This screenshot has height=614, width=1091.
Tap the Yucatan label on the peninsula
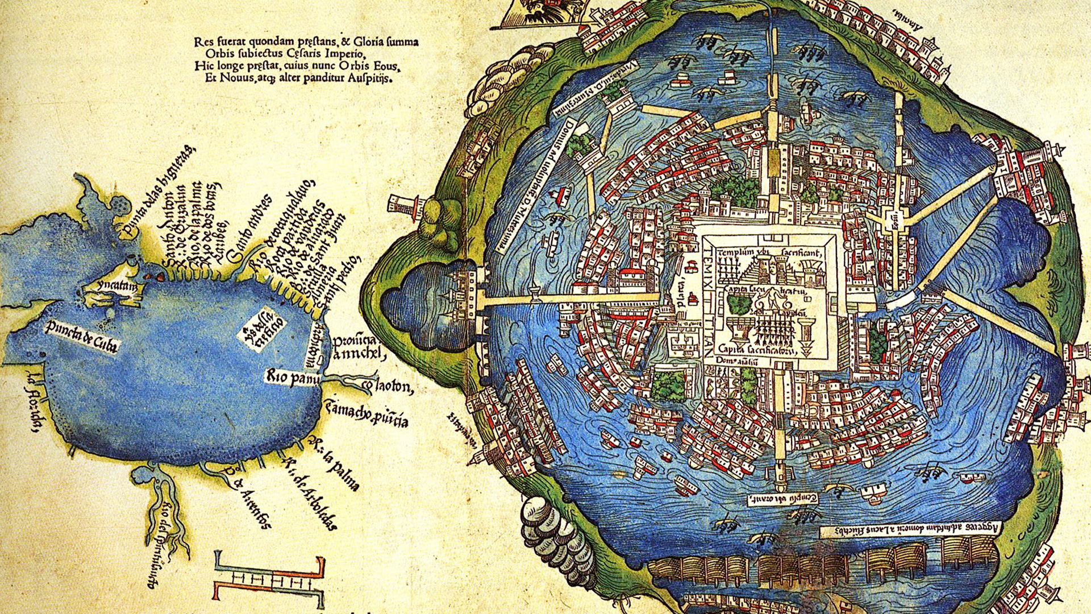point(116,287)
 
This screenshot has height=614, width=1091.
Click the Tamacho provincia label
point(366,414)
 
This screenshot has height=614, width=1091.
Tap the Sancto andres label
point(250,227)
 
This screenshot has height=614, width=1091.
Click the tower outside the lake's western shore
point(406,205)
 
